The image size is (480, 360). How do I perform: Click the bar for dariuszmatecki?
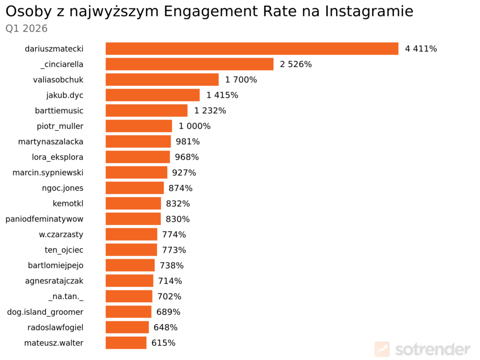click(x=252, y=49)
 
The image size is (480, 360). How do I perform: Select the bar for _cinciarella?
click(x=189, y=64)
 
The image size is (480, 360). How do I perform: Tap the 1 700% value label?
click(x=241, y=80)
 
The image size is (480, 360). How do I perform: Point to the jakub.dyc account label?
click(x=65, y=95)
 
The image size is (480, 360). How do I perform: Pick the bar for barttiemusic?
click(x=146, y=111)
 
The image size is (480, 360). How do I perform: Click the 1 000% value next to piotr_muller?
click(x=195, y=126)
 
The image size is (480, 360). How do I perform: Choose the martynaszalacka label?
click(x=51, y=142)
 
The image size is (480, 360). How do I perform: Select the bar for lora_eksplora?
click(x=137, y=157)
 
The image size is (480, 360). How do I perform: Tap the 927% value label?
click(x=184, y=172)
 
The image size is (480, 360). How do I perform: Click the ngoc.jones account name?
click(x=62, y=188)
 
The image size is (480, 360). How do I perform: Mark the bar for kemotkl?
click(x=133, y=203)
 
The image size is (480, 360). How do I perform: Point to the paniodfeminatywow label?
click(x=44, y=219)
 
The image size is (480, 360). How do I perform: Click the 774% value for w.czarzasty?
click(x=174, y=234)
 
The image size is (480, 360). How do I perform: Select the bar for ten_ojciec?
click(x=131, y=250)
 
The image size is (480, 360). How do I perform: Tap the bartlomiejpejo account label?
click(x=55, y=265)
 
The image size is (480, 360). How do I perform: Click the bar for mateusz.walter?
click(x=126, y=343)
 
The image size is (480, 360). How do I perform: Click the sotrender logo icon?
click(x=382, y=349)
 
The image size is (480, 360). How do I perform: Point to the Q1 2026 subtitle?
click(x=26, y=29)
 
